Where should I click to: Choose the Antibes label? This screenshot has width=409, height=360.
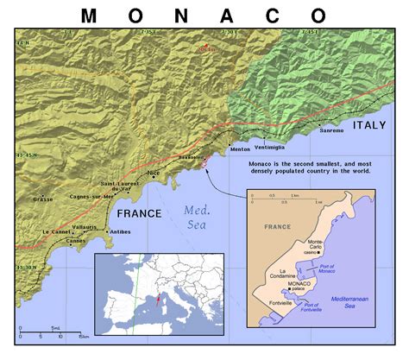pos(120,231)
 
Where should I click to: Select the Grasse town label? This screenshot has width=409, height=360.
pos(43,199)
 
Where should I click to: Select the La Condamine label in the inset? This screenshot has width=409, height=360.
pos(285,275)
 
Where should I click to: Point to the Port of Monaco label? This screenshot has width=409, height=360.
pos(346,270)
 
